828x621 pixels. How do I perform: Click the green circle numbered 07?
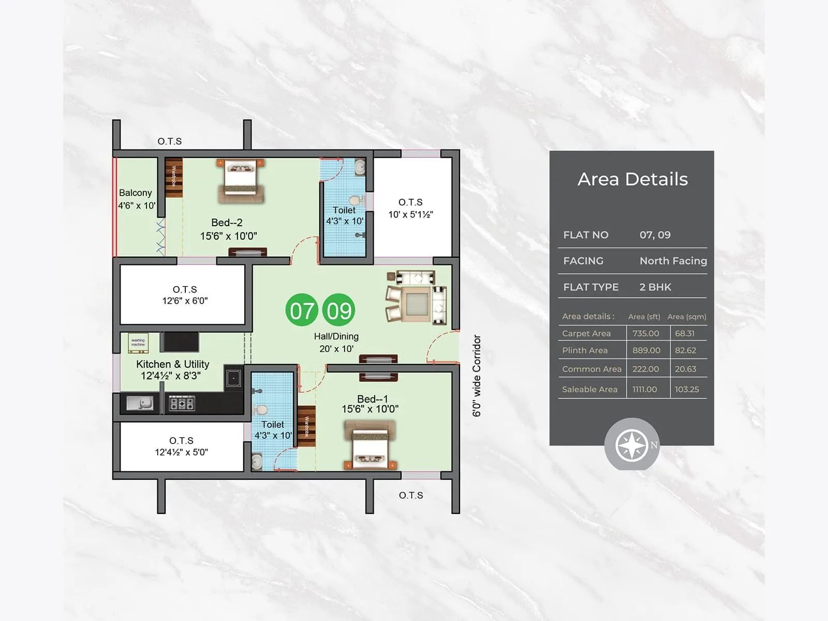point(301,310)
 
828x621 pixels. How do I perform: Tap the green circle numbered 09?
point(339,310)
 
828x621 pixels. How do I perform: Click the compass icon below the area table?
point(632,445)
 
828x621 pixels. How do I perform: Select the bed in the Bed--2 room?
point(241,180)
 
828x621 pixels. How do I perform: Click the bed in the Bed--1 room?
point(369,444)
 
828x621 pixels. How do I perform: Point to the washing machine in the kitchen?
point(138,343)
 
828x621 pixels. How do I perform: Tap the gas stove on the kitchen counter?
point(182,403)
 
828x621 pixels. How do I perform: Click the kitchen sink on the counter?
point(140,403)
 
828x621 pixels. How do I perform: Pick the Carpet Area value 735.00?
point(645,334)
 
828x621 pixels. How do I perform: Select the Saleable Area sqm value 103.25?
point(687,390)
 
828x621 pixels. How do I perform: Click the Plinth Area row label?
point(585,350)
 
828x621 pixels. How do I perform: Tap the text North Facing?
point(673,261)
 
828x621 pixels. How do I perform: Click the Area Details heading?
point(632,179)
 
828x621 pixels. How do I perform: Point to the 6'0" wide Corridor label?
point(477,375)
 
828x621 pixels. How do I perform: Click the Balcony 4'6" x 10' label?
point(136,199)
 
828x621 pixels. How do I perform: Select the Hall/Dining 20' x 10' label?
point(336,343)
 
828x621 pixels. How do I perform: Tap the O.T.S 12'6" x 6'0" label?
point(185,295)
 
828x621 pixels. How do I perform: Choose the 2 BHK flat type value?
point(655,287)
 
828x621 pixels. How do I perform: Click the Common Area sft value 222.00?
point(645,369)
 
